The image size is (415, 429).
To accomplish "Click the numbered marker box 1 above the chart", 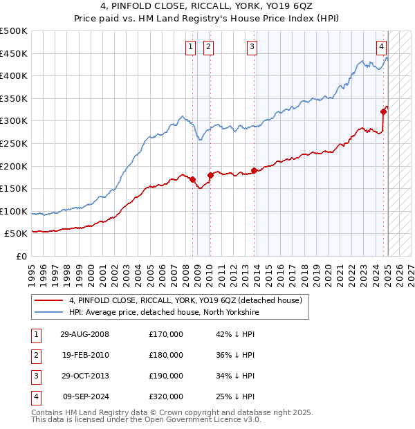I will point(190,47).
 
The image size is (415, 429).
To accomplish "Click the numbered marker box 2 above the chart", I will point(208,47).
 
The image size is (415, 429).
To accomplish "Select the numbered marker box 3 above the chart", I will point(252,47).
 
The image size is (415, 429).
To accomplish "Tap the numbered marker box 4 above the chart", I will point(381,47).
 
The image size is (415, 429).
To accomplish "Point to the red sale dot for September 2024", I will point(383,111).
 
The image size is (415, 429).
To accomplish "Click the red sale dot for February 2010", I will point(210,175).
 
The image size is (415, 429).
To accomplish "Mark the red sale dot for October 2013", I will point(254,170).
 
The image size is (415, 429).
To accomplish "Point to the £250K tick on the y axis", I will point(14,143).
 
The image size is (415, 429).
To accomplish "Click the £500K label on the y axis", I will point(14,31).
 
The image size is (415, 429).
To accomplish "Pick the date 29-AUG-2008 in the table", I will point(85,335).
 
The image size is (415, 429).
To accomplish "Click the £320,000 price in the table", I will point(166,397).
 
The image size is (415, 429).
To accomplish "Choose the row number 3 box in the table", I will point(35,376).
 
